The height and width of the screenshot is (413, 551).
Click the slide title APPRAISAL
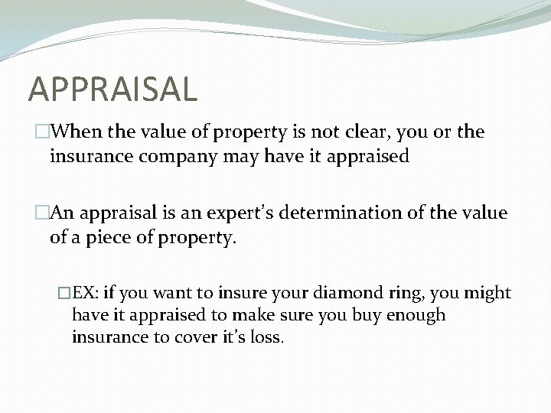click(112, 89)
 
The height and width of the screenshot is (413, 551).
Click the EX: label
click(86, 292)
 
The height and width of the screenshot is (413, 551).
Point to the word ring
click(389, 293)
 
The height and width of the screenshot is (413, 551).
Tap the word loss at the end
click(267, 337)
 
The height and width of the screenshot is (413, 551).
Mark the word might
click(487, 292)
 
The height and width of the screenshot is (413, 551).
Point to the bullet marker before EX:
click(64, 293)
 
